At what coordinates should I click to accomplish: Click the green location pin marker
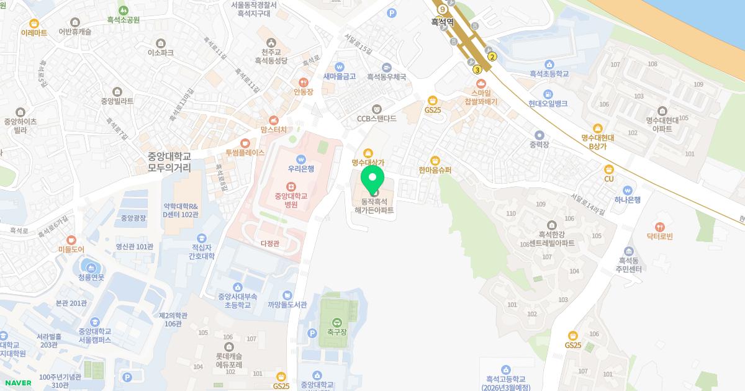(x=372, y=179)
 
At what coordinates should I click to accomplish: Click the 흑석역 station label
(x=443, y=22)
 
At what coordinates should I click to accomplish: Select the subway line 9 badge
(x=442, y=9)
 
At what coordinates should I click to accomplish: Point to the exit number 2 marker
(x=492, y=56)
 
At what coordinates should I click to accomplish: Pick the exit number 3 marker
(x=477, y=70)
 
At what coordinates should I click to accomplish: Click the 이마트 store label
(x=34, y=32)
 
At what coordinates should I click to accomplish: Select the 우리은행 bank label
(x=301, y=168)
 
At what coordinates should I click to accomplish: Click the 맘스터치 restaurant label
(x=273, y=130)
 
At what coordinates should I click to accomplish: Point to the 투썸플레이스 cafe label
(x=245, y=152)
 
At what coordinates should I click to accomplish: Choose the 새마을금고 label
(x=340, y=76)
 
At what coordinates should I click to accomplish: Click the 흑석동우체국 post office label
(x=386, y=77)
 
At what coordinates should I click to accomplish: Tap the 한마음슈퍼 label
(x=435, y=169)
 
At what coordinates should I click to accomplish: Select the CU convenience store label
(x=608, y=179)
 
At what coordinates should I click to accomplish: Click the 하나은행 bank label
(x=627, y=199)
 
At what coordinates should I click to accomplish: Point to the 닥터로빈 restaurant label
(x=659, y=236)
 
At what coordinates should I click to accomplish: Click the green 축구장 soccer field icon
(x=336, y=322)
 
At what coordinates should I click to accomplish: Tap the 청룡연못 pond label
(x=91, y=277)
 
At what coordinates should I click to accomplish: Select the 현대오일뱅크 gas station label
(x=548, y=104)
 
